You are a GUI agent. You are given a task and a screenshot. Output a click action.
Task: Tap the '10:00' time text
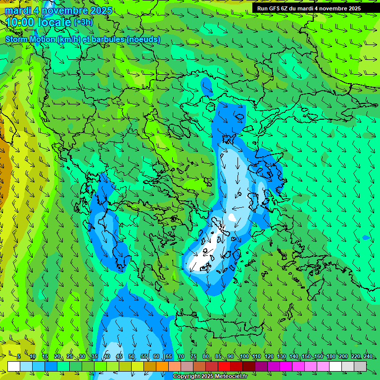tap(20, 22)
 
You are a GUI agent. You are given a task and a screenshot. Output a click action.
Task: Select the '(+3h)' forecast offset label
tap(83, 22)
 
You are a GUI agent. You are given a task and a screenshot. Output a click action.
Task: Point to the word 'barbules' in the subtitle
tap(107, 39)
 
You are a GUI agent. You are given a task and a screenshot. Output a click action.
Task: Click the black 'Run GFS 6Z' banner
tap(309, 8)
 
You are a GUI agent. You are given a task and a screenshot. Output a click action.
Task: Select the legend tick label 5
tap(19, 356)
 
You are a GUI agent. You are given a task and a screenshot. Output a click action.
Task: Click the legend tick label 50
tap(132, 356)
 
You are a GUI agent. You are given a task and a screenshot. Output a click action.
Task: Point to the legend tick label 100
tap(244, 356)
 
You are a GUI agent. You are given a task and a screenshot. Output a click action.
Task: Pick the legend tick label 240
tap(368, 356)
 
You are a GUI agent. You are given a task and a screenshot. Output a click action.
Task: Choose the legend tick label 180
tap(331, 356)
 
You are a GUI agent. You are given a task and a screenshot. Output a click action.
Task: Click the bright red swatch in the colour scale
tap(224, 366)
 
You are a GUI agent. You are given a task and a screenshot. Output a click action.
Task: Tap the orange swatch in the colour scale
tap(162, 366)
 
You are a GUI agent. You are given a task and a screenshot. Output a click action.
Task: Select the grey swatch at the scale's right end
tap(360, 366)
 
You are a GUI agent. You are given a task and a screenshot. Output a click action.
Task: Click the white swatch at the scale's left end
tap(14, 366)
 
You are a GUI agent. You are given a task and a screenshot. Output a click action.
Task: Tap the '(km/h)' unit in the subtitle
tap(70, 39)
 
